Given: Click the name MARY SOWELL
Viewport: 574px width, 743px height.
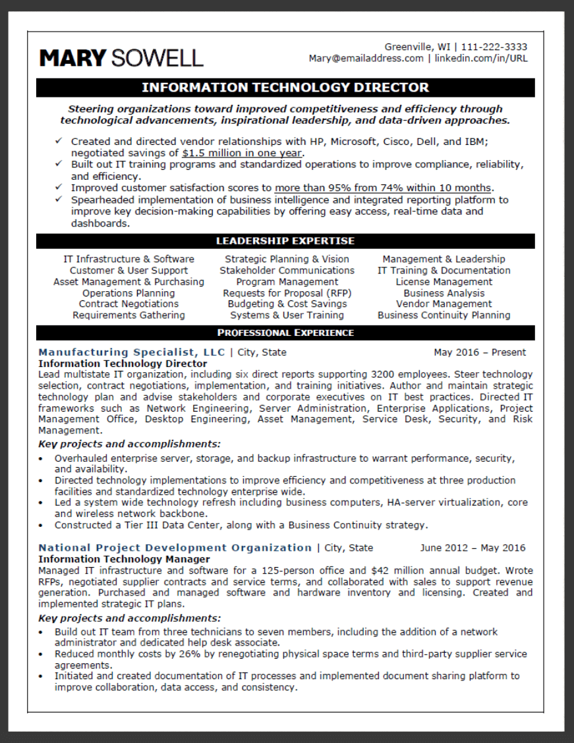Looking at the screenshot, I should [121, 58].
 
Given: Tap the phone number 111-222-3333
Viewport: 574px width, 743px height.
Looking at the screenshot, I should [494, 47].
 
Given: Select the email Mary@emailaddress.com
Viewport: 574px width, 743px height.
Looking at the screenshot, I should [366, 59].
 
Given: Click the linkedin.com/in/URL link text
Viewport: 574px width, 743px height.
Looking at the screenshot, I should [481, 59].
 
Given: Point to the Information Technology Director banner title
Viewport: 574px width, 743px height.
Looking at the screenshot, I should [285, 88].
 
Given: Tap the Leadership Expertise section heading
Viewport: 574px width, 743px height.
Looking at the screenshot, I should [285, 241].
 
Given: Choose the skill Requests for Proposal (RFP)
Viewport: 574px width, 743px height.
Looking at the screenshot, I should [287, 293].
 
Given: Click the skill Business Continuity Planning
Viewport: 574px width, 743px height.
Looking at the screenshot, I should [444, 316].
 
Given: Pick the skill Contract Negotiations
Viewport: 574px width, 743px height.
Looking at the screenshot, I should [129, 304].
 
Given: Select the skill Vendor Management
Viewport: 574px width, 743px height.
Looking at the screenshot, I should [444, 304].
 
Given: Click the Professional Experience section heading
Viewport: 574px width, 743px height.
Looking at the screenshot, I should [285, 333].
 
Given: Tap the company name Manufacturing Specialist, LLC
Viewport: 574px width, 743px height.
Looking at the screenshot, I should [132, 352].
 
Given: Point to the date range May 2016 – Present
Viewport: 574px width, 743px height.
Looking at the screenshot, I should [480, 352].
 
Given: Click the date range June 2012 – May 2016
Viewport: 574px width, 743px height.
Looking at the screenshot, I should [473, 548].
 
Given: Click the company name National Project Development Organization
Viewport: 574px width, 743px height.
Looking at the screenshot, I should [175, 548].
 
